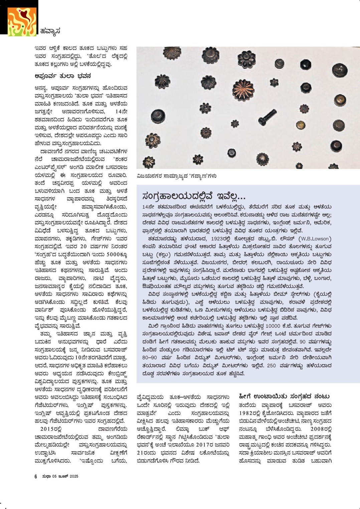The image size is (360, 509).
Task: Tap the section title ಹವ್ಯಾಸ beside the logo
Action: click(x=50, y=31)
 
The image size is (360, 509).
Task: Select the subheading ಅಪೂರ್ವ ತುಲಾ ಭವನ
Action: click(x=63, y=76)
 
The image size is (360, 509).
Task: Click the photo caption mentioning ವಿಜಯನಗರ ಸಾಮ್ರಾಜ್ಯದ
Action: click(x=176, y=176)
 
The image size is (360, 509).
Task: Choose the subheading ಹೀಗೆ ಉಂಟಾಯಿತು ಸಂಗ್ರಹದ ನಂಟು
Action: click(x=284, y=396)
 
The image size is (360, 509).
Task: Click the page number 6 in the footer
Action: click(x=36, y=476)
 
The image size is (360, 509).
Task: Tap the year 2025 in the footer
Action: click(x=74, y=476)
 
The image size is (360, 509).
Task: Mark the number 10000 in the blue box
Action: click(x=265, y=326)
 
